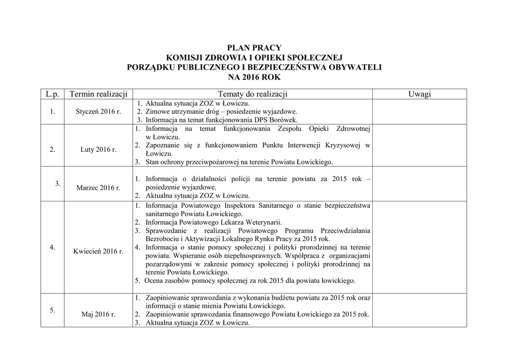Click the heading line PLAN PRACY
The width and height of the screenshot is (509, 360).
pyautogui.click(x=254, y=48)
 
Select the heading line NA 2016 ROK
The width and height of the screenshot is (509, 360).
pyautogui.click(x=254, y=77)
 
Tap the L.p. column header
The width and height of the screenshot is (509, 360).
pyautogui.click(x=52, y=94)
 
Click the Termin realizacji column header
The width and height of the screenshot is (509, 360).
pyautogui.click(x=98, y=94)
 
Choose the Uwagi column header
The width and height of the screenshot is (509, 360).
pyautogui.click(x=420, y=94)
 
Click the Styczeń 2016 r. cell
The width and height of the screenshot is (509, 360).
pyautogui.click(x=98, y=111)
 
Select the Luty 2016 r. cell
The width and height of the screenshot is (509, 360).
pyautogui.click(x=98, y=149)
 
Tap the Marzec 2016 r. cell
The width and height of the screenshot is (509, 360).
pyautogui.click(x=98, y=187)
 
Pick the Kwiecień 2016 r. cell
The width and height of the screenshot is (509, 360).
pyautogui.click(x=98, y=251)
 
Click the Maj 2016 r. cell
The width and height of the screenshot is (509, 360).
pyautogui.click(x=98, y=314)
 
